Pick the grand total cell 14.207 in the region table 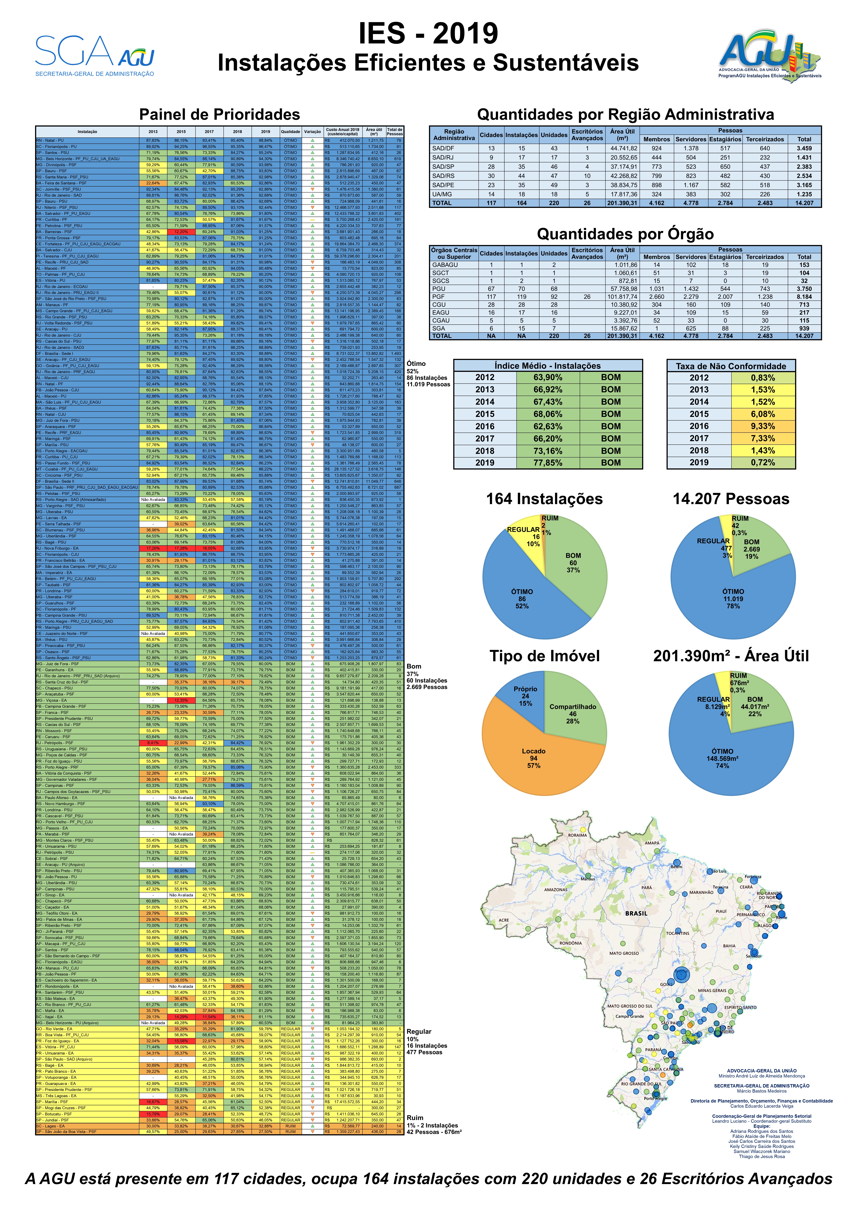pos(804,203)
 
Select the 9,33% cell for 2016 pos(763,426)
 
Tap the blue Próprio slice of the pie pos(526,696)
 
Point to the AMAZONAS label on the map pos(556,890)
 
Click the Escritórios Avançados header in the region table pos(587,135)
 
